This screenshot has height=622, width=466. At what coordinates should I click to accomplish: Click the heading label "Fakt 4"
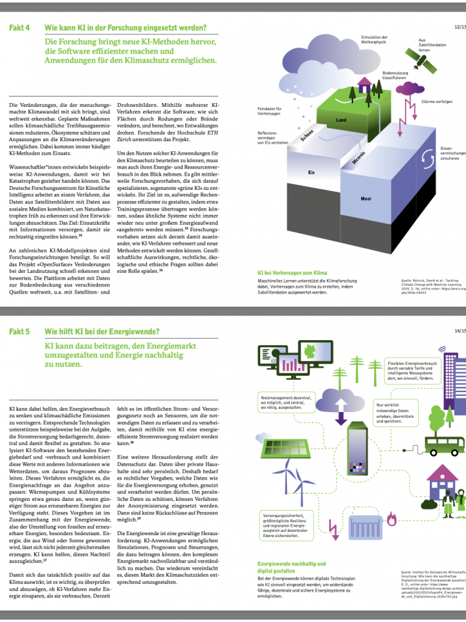(x=19, y=28)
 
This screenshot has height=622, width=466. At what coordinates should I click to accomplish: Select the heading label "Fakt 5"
(x=19, y=331)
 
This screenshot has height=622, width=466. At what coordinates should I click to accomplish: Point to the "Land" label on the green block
(x=342, y=121)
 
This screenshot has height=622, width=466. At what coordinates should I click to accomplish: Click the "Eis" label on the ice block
(x=311, y=173)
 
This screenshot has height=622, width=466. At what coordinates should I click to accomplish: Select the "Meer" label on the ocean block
(x=366, y=198)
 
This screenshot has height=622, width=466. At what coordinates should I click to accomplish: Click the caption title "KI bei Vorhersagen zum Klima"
(x=293, y=273)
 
